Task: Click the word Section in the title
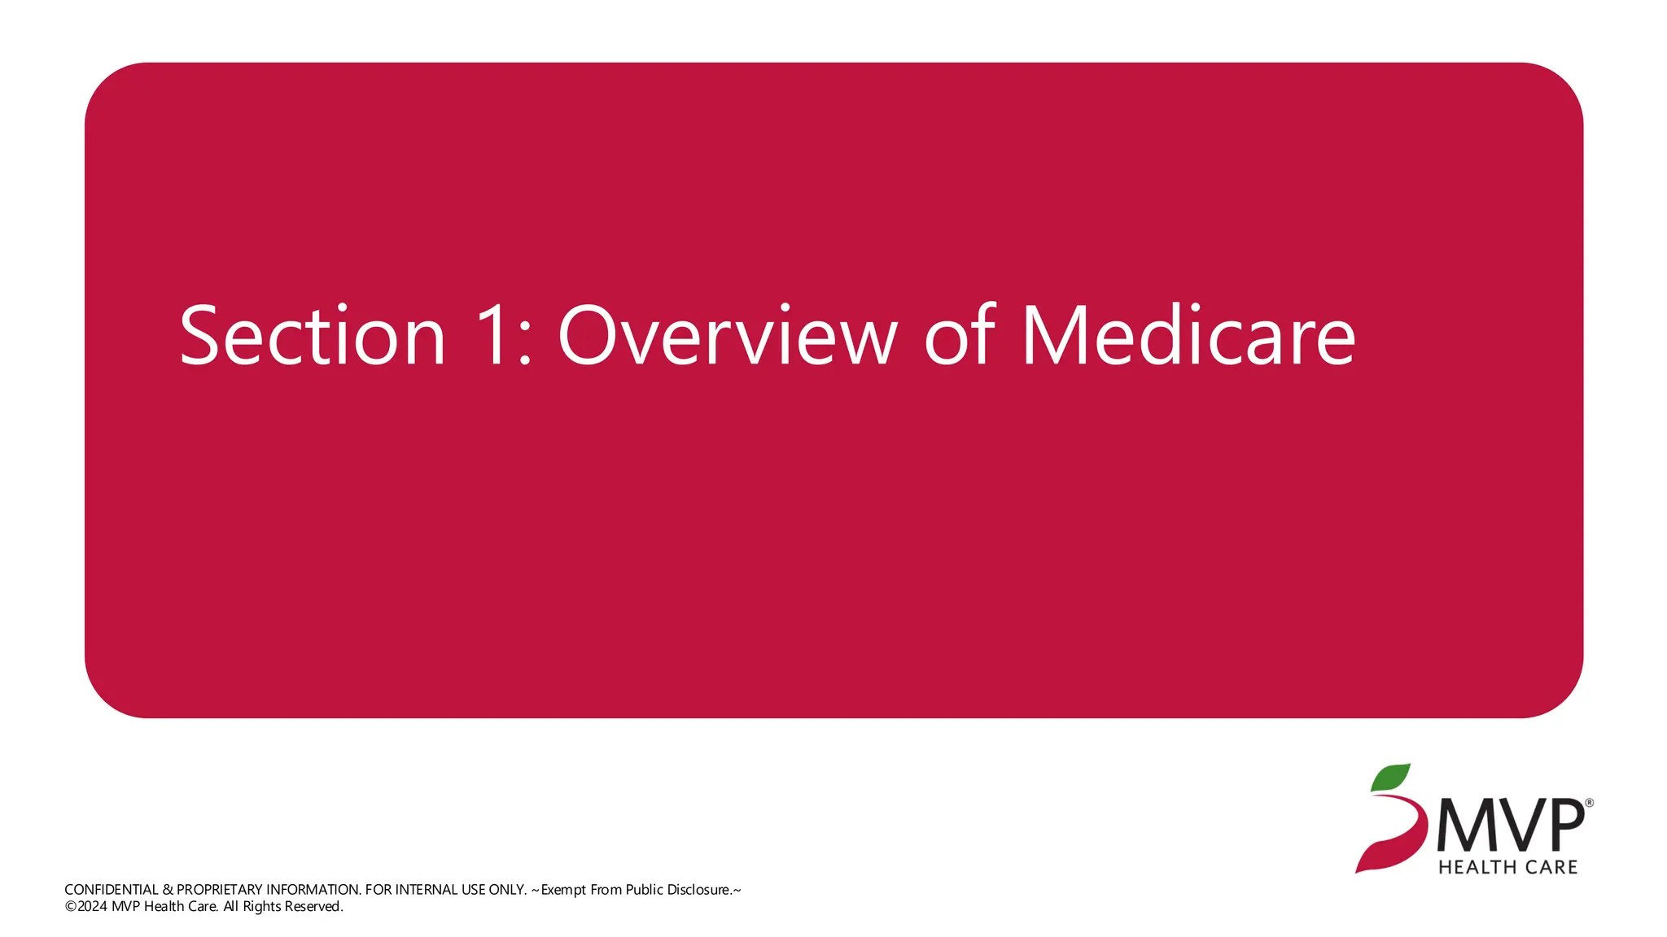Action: pyautogui.click(x=313, y=335)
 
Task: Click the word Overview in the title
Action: pyautogui.click(x=727, y=335)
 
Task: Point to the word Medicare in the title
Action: pyautogui.click(x=1188, y=335)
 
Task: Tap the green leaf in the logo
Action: pyautogui.click(x=1390, y=778)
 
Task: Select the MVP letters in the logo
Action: pyautogui.click(x=1510, y=826)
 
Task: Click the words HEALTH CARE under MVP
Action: pyautogui.click(x=1507, y=867)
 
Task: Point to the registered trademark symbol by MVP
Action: pyautogui.click(x=1589, y=803)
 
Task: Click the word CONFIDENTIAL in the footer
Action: pyautogui.click(x=112, y=890)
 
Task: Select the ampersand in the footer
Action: pyautogui.click(x=168, y=890)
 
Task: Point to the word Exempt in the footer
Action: pyautogui.click(x=563, y=890)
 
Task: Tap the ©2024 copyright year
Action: pyautogui.click(x=86, y=907)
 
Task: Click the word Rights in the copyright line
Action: pyautogui.click(x=261, y=907)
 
